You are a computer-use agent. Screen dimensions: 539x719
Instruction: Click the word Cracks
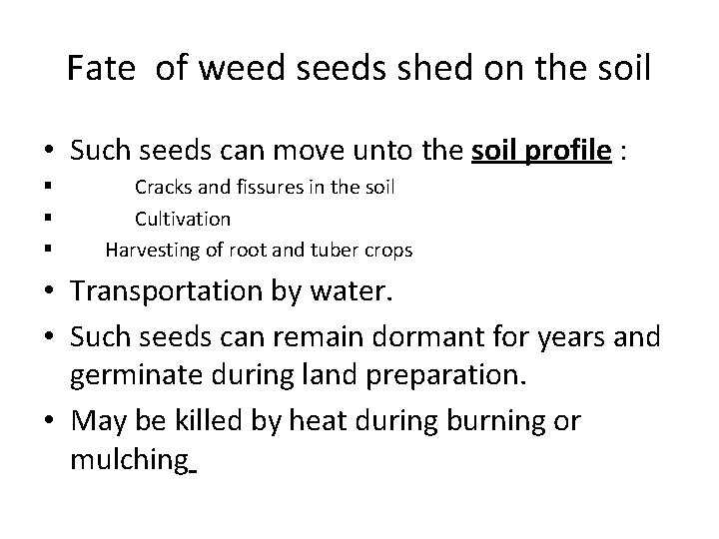(164, 187)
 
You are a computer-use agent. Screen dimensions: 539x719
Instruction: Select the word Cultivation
(183, 219)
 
